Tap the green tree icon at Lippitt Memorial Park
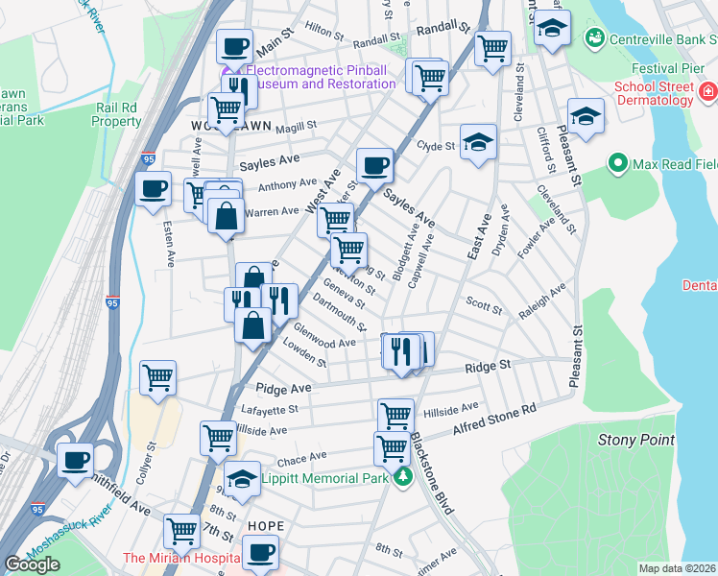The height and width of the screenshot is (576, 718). point(403,478)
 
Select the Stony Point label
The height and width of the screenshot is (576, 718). point(630,440)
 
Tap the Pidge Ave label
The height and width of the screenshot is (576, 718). point(283,388)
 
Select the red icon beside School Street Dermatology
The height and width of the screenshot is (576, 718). point(708,92)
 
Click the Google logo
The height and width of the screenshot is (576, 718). point(32,564)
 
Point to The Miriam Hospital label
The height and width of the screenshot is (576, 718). point(179,558)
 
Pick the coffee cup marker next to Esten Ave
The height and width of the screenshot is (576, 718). point(153,189)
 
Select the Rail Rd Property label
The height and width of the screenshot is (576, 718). point(117,115)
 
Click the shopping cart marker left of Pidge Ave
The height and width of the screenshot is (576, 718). point(157,376)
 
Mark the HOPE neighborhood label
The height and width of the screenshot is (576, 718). point(266,527)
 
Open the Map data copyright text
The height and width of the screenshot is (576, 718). point(677,568)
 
